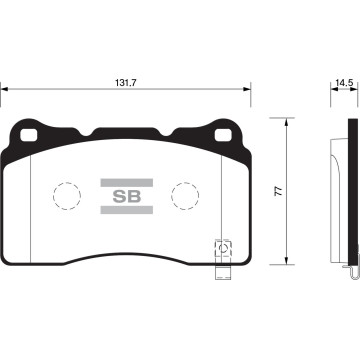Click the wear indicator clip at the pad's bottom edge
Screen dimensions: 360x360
[222, 251]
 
